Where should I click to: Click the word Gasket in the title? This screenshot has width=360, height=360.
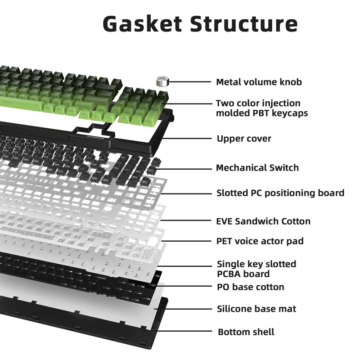pyautogui.click(x=142, y=24)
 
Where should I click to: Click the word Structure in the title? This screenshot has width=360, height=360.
pyautogui.click(x=244, y=24)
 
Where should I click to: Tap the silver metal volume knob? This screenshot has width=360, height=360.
pyautogui.click(x=162, y=81)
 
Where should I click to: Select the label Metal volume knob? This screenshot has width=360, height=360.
pyautogui.click(x=259, y=82)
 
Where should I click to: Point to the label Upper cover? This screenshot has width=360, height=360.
pyautogui.click(x=244, y=139)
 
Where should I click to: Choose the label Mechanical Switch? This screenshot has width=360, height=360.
pyautogui.click(x=257, y=168)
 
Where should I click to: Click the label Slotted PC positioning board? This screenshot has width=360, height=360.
pyautogui.click(x=280, y=193)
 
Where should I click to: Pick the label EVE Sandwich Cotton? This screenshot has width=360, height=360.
pyautogui.click(x=263, y=221)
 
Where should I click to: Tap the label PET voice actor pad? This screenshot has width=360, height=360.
pyautogui.click(x=260, y=241)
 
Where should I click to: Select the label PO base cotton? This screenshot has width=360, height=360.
pyautogui.click(x=251, y=287)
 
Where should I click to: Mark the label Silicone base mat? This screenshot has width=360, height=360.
pyautogui.click(x=256, y=309)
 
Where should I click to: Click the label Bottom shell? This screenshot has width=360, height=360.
pyautogui.click(x=246, y=332)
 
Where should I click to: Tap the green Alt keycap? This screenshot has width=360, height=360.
pyautogui.click(x=48, y=108)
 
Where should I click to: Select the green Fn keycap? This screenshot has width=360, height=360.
pyautogui.click(x=59, y=109)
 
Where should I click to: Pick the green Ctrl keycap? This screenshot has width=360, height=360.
pyautogui.click(x=71, y=111)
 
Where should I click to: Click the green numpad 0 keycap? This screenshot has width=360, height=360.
pyautogui.click(x=124, y=117)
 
